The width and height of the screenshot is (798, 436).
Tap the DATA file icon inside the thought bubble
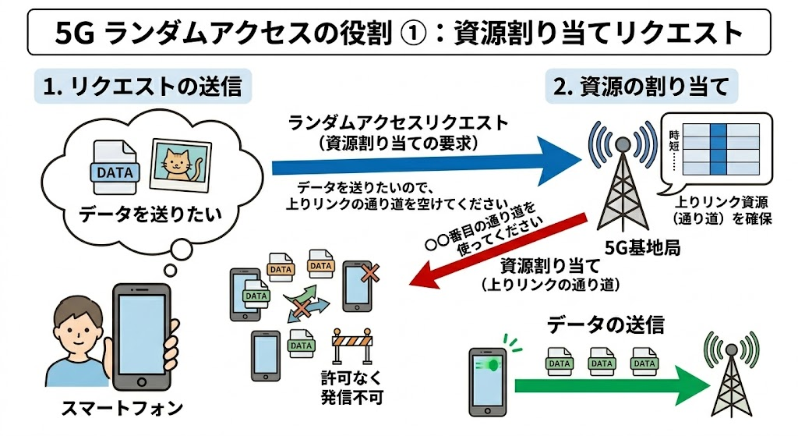point(114,166)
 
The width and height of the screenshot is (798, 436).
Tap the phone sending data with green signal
point(488,381)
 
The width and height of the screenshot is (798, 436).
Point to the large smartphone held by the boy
point(140,335)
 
